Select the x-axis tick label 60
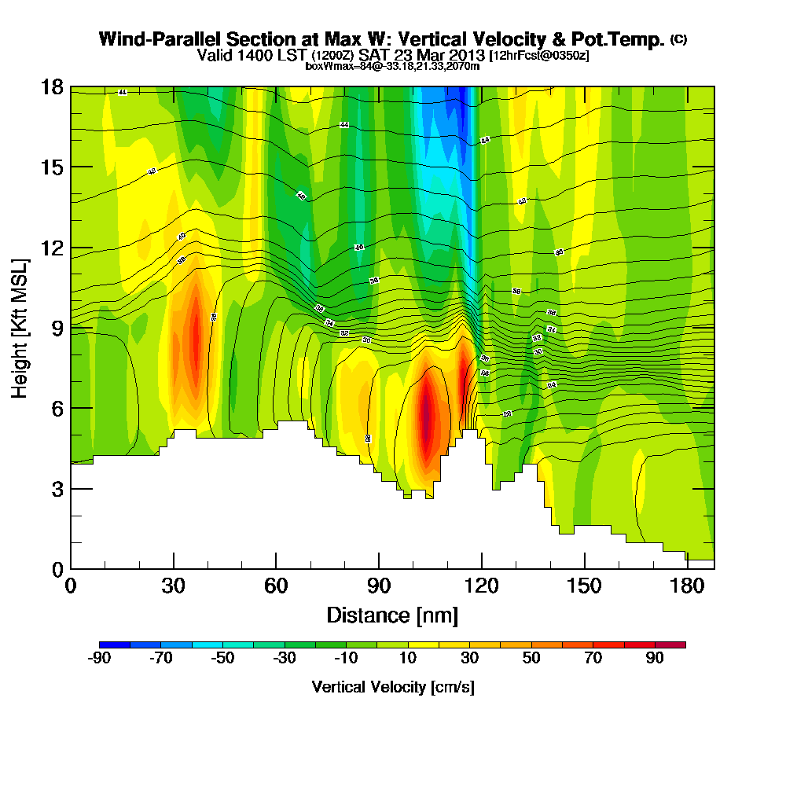(x=276, y=587)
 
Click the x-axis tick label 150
(x=585, y=587)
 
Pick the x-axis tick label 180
(x=688, y=587)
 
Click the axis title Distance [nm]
(x=392, y=615)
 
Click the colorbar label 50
(x=532, y=659)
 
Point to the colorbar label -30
(x=285, y=659)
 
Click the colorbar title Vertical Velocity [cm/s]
(x=393, y=687)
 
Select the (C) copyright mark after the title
(x=678, y=39)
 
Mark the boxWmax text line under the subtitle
(x=392, y=66)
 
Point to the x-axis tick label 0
(x=71, y=587)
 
